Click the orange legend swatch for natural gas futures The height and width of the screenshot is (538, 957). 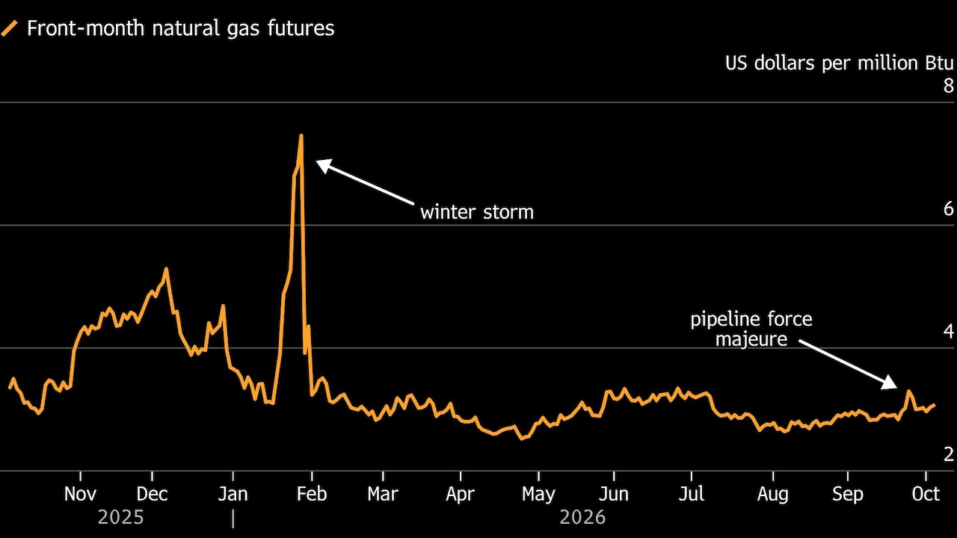(9, 28)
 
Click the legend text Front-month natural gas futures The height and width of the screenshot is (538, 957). (181, 28)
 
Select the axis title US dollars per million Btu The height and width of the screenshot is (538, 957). (840, 64)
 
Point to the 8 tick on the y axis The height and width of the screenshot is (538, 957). (949, 86)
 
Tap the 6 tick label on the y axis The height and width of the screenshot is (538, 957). (949, 208)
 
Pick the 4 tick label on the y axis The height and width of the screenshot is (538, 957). (949, 331)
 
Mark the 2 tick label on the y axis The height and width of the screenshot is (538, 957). (949, 454)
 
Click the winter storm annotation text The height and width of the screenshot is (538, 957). (477, 212)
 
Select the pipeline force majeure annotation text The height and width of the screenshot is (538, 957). (751, 330)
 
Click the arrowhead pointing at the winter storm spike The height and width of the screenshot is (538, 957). (324, 166)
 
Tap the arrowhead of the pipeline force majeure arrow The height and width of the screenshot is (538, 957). (890, 383)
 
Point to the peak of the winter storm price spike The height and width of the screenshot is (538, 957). (301, 136)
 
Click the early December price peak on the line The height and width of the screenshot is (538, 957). (166, 268)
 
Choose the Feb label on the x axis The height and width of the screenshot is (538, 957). (312, 494)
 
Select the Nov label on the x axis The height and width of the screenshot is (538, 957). (80, 494)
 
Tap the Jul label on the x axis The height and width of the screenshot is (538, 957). (692, 494)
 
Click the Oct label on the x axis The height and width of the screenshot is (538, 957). (926, 494)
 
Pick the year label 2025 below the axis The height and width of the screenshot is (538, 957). (121, 518)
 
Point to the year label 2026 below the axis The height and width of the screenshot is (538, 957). (582, 518)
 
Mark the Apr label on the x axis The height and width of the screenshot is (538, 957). (460, 495)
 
